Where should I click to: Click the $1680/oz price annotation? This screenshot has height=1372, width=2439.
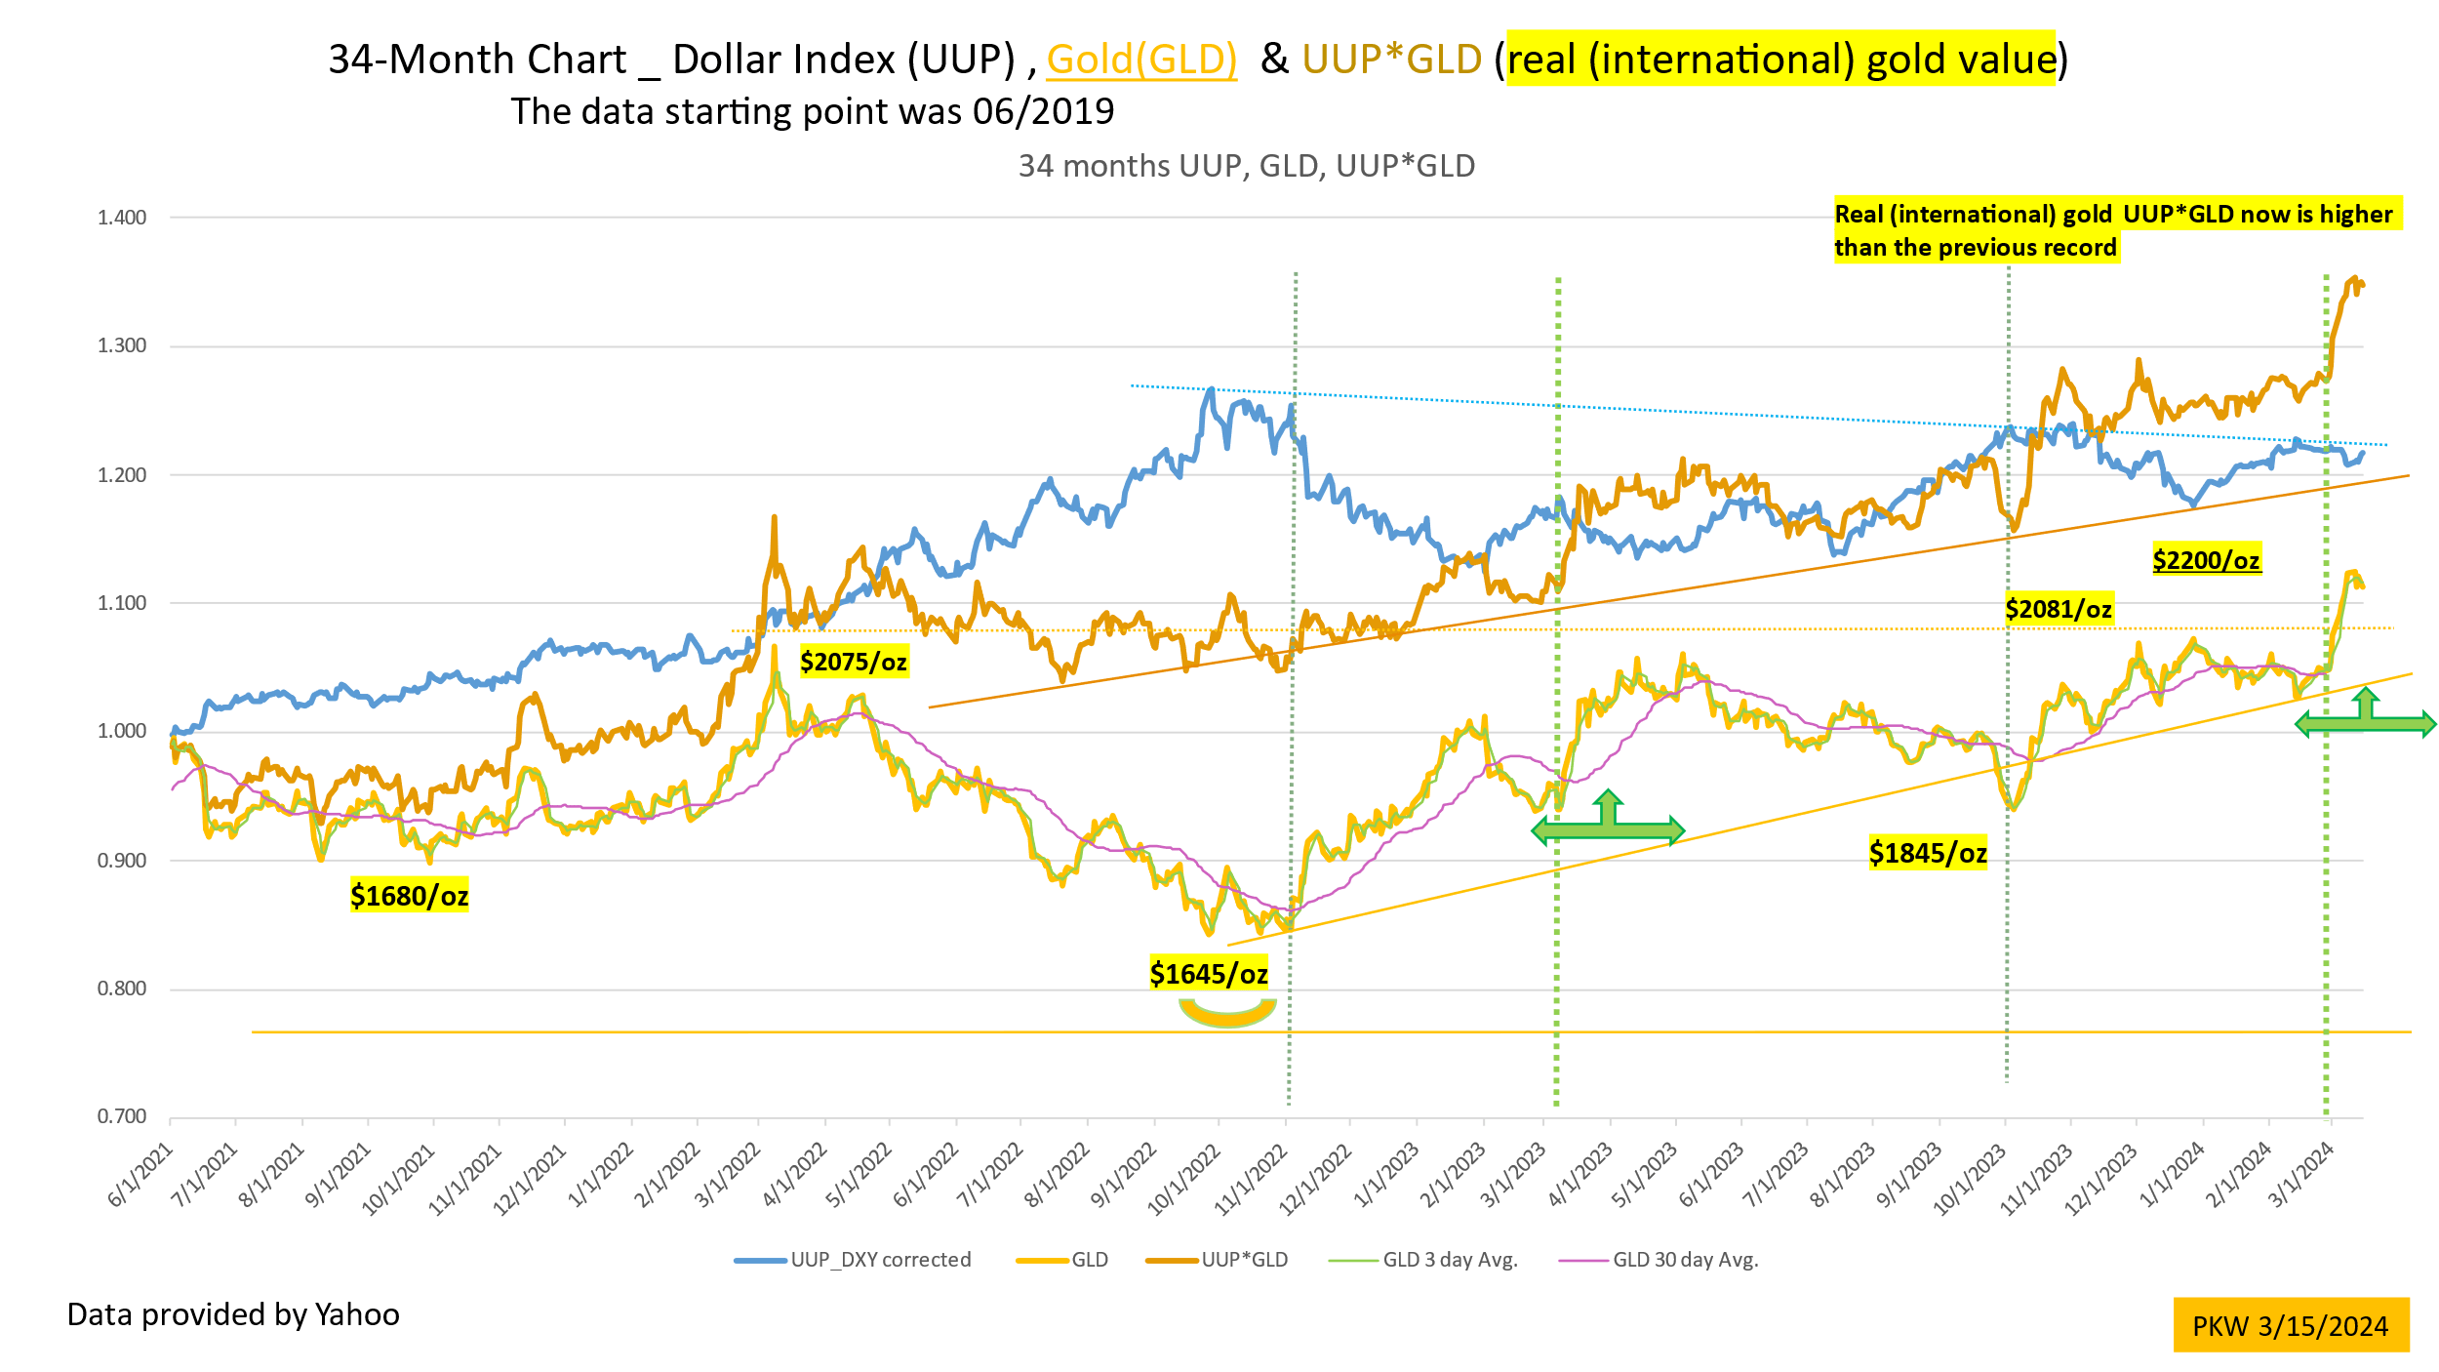click(x=410, y=895)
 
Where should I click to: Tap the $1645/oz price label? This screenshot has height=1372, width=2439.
click(x=1209, y=973)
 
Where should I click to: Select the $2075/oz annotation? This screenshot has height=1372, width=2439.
click(x=854, y=662)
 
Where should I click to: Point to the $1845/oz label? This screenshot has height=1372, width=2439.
click(x=1928, y=853)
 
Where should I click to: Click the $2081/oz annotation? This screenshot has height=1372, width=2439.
click(x=2059, y=609)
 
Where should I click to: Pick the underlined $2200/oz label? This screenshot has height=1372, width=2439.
click(x=2206, y=560)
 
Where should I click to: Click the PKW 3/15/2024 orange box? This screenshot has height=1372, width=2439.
click(x=2291, y=1326)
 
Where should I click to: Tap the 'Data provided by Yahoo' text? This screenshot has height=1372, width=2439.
click(x=233, y=1314)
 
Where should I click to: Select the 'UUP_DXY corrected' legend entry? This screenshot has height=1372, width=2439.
click(x=854, y=1260)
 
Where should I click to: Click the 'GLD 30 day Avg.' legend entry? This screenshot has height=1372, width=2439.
click(x=1659, y=1260)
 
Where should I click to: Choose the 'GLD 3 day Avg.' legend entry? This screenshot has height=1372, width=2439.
click(x=1424, y=1260)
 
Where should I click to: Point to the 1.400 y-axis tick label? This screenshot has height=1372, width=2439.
click(x=122, y=218)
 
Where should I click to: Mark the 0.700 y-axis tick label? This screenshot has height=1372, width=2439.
click(x=122, y=1116)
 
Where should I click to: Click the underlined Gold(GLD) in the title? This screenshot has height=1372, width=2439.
click(x=1141, y=60)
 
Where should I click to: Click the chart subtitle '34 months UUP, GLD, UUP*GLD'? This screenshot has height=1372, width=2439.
click(x=1246, y=166)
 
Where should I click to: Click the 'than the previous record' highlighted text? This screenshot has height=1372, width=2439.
click(x=1976, y=248)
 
